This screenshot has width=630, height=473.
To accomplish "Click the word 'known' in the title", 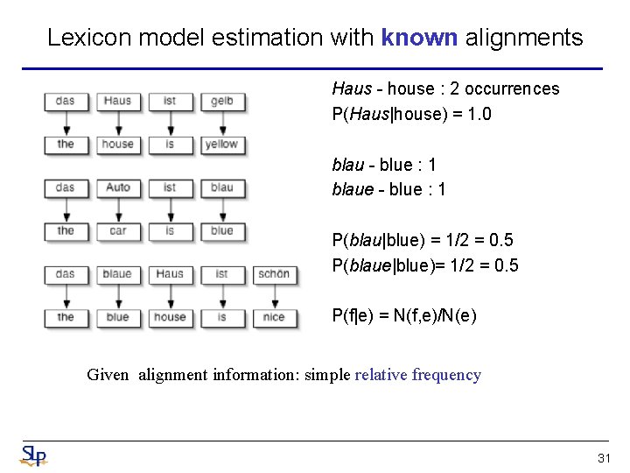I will coord(419,38).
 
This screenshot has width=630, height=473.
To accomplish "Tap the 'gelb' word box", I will coord(221,102).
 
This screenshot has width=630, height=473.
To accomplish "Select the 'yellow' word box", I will coord(221,145).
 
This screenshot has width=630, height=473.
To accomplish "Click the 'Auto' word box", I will coord(117,187).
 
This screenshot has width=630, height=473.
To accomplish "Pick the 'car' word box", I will coord(117,231).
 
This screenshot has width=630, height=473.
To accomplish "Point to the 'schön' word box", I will coord(274,274).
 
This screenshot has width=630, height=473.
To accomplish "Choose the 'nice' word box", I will coord(274,317).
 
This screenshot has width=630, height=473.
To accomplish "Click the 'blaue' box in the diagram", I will coord(117,274).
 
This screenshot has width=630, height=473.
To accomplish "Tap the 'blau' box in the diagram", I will coord(221,187).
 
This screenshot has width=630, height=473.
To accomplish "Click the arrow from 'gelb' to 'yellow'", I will coord(221,123).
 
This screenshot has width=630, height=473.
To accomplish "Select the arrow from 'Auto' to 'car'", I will coord(117,209).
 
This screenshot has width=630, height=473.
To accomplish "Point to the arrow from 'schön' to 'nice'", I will coord(274,296).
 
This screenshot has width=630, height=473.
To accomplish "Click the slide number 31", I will coord(604,458).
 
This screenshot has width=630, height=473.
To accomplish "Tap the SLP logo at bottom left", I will coord(33,455).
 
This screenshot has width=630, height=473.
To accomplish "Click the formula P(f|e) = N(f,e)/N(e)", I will coord(404,315).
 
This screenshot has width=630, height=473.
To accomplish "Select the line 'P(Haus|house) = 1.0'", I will coord(411,114).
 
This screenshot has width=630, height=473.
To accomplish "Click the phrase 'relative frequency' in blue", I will coord(417,375).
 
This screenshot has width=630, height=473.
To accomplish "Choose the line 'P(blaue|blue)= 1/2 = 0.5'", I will coord(425,265).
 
